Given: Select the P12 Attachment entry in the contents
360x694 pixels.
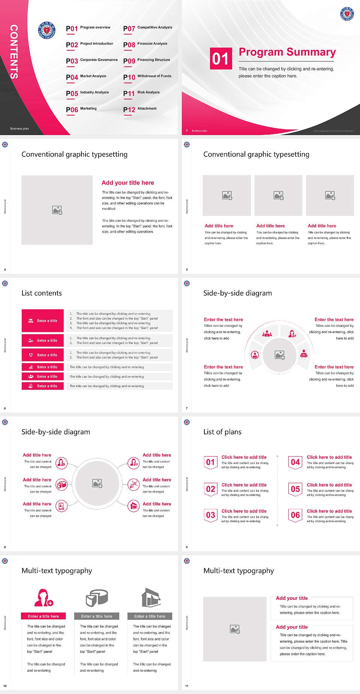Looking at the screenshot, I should tap(139, 109).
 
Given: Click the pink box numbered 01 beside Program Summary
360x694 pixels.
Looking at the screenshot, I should tap(221, 59).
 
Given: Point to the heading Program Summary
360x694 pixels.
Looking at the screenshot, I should tap(287, 52).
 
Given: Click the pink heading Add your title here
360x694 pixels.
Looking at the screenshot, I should tap(127, 183).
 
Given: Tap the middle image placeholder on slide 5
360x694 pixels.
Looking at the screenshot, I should tap(278, 195).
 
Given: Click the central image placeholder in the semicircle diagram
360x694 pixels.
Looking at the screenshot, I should tap(279, 355).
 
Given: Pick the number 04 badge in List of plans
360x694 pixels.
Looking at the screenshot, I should tap(295, 462).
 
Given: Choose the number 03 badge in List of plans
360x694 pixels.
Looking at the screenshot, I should tap(210, 515).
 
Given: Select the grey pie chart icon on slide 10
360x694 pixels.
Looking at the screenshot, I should tap(97, 598).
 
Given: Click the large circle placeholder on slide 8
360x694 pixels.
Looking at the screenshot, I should tap(97, 483).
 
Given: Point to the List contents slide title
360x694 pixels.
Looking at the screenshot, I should tap(42, 293).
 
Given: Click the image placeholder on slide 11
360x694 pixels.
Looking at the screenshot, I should tap(235, 629).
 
